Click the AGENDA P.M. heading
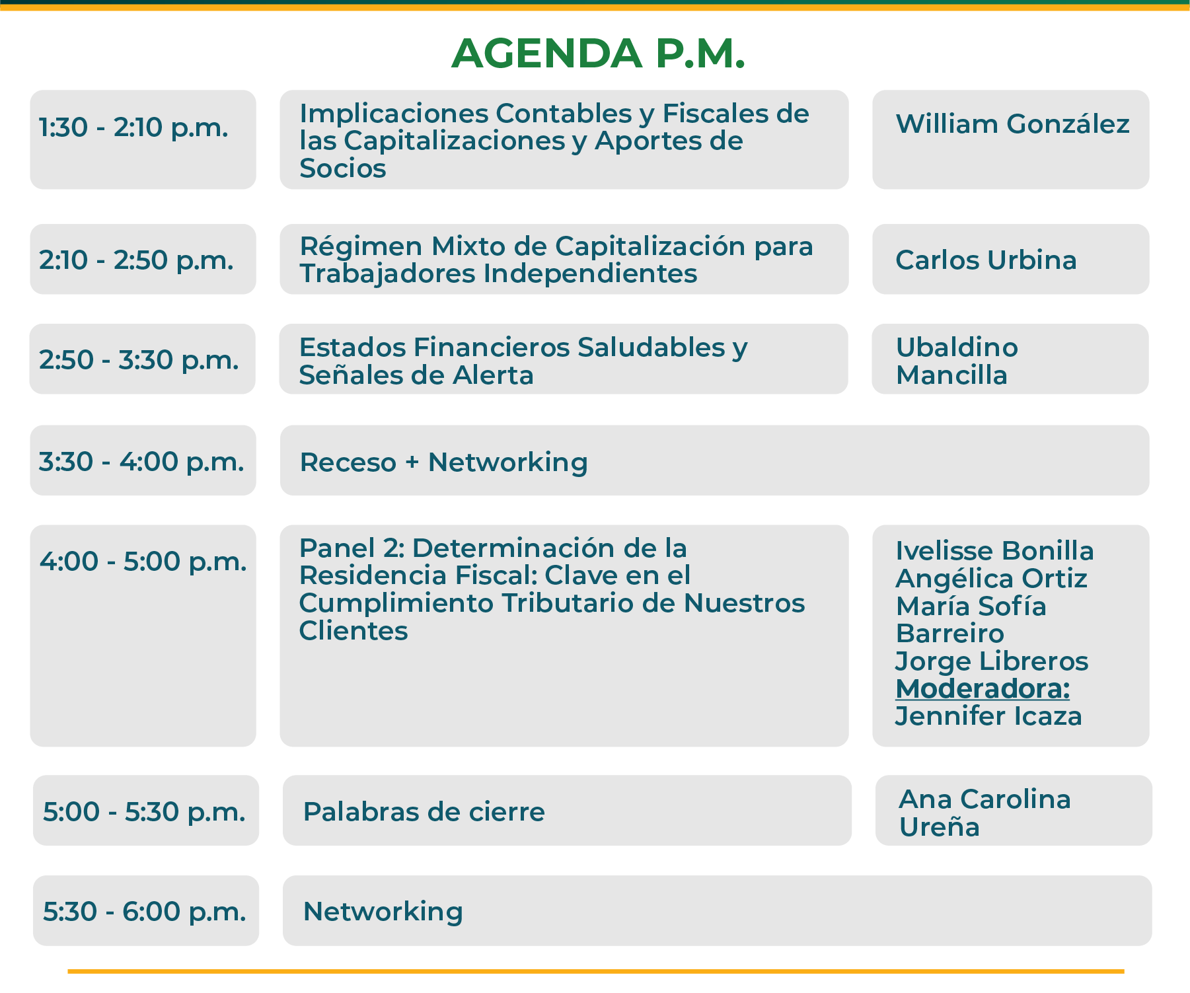(598, 53)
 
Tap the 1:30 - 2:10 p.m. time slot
(133, 127)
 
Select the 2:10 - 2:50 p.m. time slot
(136, 260)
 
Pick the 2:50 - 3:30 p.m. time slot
(139, 359)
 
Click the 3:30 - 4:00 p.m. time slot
(141, 461)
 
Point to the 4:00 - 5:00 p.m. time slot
(143, 561)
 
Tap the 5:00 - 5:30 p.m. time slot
(144, 811)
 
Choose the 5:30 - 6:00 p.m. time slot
(144, 911)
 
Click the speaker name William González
(1012, 124)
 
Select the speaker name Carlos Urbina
(986, 260)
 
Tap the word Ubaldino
(957, 347)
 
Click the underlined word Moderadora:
(983, 688)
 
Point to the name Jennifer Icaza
(988, 716)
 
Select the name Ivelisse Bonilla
(994, 550)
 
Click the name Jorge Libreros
(992, 661)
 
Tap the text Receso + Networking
(443, 462)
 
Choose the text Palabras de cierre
(424, 811)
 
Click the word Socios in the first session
(342, 168)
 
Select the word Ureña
(939, 827)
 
